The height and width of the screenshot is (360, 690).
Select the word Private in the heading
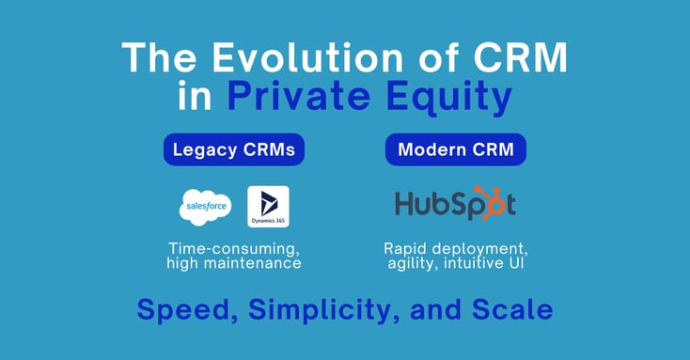(x=299, y=97)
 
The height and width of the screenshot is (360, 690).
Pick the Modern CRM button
(x=455, y=150)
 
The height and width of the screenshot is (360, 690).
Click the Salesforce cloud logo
(x=205, y=207)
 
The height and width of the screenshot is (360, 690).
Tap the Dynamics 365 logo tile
(x=267, y=207)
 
